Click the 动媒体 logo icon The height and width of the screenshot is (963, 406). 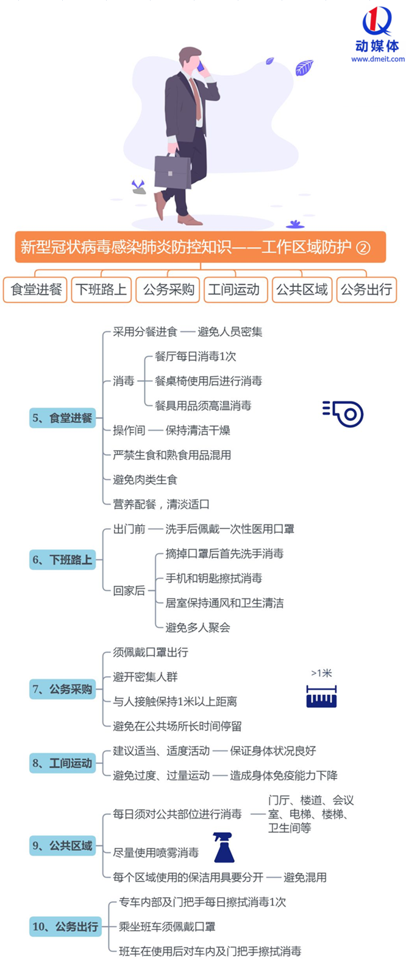377,21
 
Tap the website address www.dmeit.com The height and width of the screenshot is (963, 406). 377,59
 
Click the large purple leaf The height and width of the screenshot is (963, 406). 304,68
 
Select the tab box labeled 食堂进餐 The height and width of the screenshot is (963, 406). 36,290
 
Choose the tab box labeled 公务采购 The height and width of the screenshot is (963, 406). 168,290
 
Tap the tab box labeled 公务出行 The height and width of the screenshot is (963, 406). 366,290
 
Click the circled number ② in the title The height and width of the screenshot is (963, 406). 363,248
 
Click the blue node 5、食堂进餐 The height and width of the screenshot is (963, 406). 62,417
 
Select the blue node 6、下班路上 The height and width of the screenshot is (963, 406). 62,559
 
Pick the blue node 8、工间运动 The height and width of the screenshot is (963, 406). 62,763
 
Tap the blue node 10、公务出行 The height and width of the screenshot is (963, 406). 65,926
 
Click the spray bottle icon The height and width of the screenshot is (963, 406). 224,847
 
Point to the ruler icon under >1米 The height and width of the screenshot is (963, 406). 321,696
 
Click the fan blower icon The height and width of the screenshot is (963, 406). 343,414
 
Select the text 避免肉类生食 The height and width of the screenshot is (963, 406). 145,480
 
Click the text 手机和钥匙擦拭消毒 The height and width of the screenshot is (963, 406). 214,578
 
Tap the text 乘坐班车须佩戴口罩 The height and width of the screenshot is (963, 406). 167,926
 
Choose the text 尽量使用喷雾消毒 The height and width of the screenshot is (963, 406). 155,853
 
